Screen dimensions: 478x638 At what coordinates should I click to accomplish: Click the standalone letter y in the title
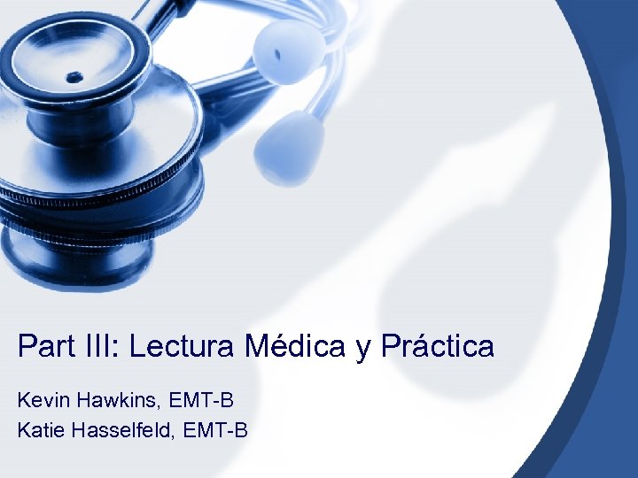click(363, 348)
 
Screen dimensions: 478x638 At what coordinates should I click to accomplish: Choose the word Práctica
click(438, 346)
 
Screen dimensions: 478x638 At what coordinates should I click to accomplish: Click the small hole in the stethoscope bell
click(74, 77)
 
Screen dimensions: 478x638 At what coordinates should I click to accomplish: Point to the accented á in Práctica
click(410, 346)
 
